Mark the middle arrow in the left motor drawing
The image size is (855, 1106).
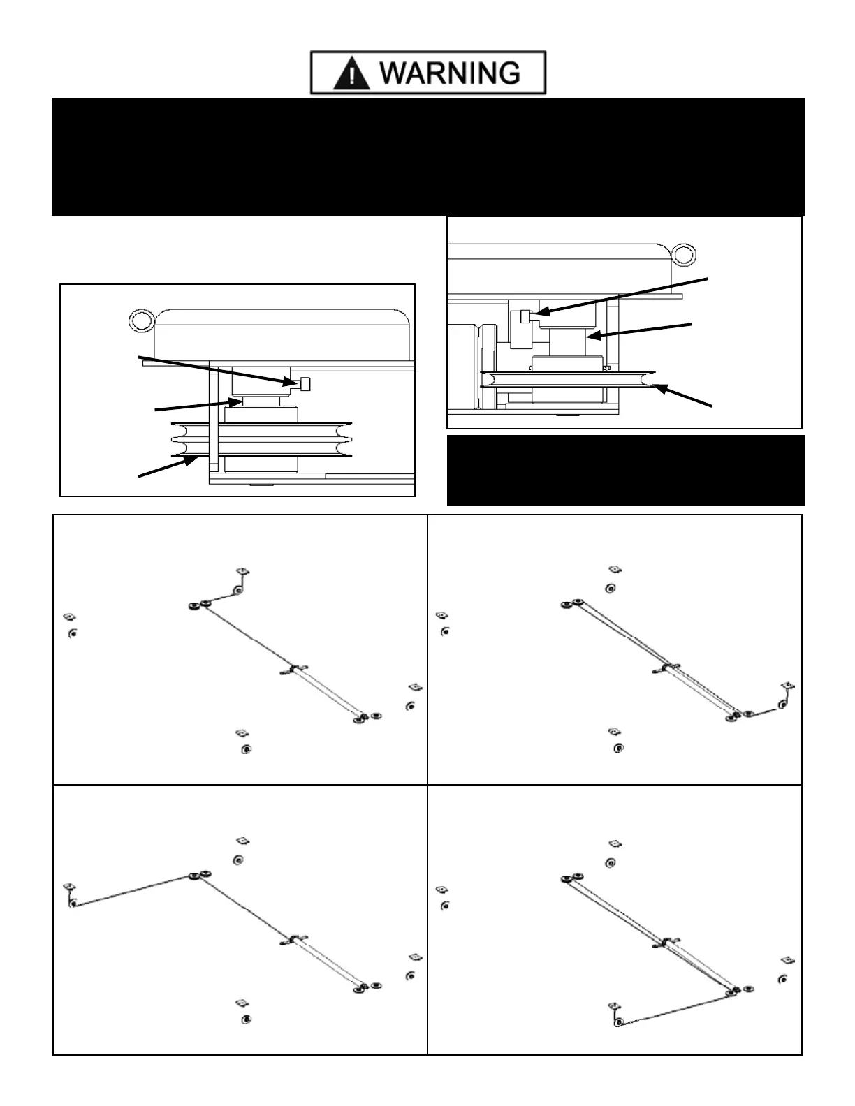click(x=195, y=405)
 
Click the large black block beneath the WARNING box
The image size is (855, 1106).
click(x=427, y=156)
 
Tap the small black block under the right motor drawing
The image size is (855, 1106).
click(x=625, y=470)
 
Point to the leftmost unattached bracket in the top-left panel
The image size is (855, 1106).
click(x=68, y=617)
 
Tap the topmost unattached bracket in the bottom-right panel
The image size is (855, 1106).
click(x=615, y=845)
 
